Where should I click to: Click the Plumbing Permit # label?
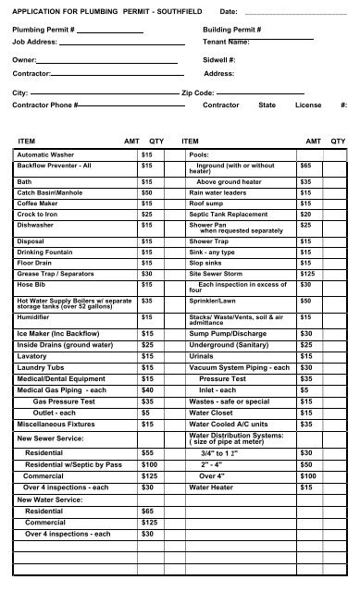43,31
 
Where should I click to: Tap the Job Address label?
33,43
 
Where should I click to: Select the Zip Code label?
198,93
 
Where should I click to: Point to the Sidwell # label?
220,58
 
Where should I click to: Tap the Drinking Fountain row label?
45,252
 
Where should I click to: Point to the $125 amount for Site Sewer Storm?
307,274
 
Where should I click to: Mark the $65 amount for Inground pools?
306,166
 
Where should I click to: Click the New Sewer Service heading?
51,436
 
